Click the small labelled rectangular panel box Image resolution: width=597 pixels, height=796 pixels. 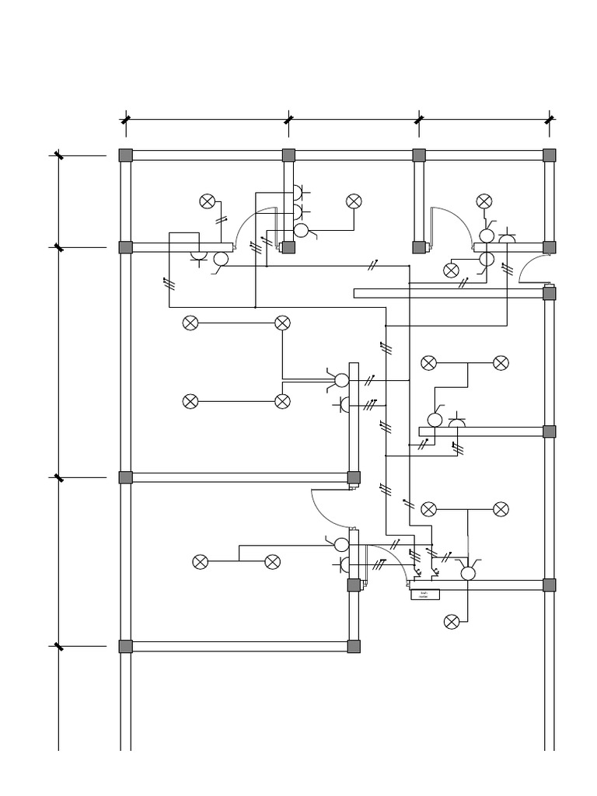tap(424, 595)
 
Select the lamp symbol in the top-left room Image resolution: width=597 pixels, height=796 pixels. tap(208, 202)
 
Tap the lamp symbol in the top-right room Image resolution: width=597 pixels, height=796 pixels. tap(484, 202)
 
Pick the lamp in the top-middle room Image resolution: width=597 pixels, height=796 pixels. tap(354, 202)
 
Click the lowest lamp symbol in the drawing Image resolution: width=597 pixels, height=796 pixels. tap(452, 622)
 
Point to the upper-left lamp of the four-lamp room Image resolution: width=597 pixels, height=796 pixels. tap(190, 323)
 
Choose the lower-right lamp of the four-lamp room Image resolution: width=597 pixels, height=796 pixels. tap(283, 401)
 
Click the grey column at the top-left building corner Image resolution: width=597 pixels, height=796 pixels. tap(126, 155)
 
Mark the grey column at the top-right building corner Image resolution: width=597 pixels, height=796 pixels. tap(549, 155)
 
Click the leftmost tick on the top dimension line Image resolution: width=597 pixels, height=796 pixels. tap(126, 120)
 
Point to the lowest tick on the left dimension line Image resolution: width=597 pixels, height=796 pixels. tap(59, 646)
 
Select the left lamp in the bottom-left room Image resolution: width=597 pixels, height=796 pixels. tap(201, 562)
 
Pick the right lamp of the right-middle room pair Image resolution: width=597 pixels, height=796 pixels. tap(501, 363)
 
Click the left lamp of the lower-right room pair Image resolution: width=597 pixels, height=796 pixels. tap(429, 509)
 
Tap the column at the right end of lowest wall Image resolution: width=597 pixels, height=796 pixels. tap(354, 646)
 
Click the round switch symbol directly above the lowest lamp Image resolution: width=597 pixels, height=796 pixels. tap(468, 574)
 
